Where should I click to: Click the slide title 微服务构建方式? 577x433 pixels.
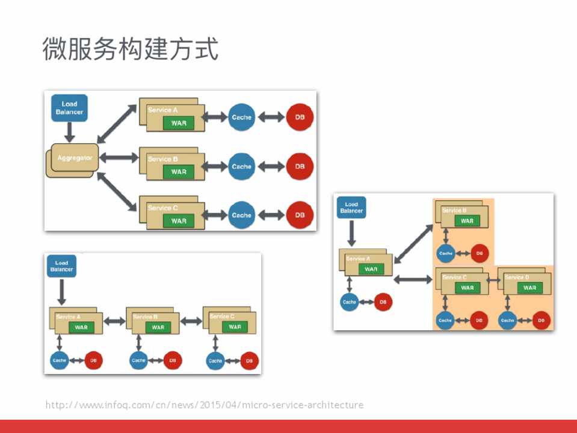[130, 49]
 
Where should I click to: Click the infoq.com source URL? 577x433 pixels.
[205, 405]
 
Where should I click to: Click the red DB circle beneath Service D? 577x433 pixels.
[541, 321]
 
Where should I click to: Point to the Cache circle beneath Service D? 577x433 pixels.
[508, 321]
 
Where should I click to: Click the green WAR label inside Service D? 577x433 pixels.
[529, 287]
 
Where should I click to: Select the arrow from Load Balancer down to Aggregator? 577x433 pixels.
[69, 132]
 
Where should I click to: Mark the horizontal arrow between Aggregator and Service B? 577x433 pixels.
[120, 158]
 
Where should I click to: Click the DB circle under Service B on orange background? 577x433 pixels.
[480, 253]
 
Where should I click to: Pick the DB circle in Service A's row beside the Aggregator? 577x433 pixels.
[300, 117]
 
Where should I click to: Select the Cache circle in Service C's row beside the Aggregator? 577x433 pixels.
[241, 215]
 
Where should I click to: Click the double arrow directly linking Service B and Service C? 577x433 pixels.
[191, 321]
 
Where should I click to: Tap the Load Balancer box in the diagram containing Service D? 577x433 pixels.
[351, 207]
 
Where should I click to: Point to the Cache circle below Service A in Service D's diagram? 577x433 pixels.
[350, 302]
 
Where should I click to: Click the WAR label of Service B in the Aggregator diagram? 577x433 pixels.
[179, 172]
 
